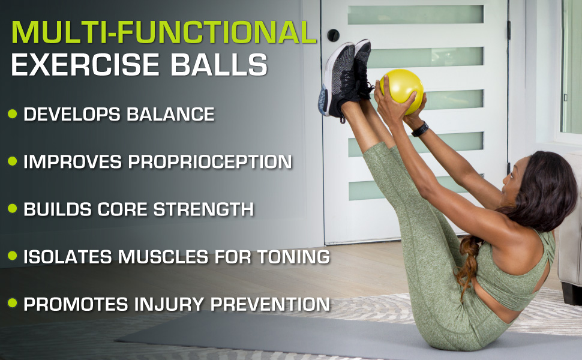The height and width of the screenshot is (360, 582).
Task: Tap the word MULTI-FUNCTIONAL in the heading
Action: click(x=163, y=33)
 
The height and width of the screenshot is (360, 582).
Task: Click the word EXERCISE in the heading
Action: click(x=88, y=65)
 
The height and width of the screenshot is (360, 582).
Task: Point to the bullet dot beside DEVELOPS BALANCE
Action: click(x=13, y=114)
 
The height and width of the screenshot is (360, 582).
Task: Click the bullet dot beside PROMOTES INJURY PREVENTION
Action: click(x=13, y=304)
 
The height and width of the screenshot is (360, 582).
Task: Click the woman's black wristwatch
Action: click(x=420, y=128)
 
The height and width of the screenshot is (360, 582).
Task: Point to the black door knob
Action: click(x=333, y=35)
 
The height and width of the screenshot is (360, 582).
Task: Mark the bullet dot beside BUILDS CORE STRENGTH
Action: click(x=13, y=209)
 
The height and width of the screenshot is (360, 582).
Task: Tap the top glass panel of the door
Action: click(x=415, y=14)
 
